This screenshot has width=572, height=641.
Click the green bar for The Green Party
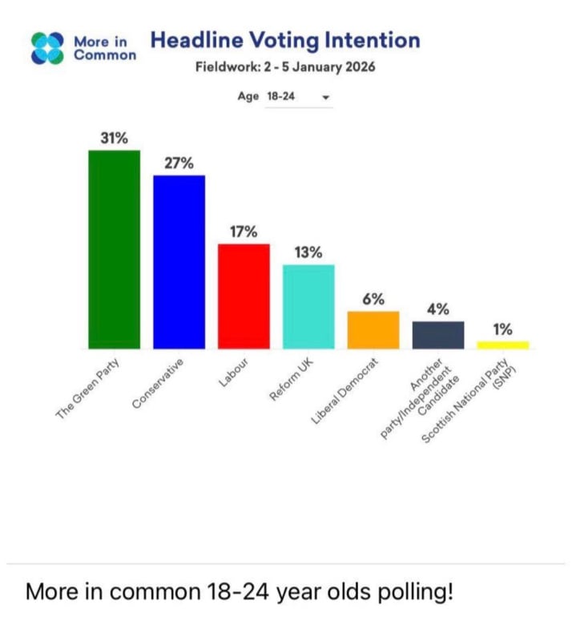pos(114,249)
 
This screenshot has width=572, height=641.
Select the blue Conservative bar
pos(179,262)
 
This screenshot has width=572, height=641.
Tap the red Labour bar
pos(244,296)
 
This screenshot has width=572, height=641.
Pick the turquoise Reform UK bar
pos(308,307)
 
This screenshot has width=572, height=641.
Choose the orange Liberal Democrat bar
pos(373,330)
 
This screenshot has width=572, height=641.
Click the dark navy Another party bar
pos(438,335)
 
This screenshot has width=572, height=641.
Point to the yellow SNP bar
pos(503,345)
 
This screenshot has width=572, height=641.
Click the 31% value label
pos(114,138)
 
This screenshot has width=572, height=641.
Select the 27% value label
pos(179,163)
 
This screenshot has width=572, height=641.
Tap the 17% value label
pos(244,232)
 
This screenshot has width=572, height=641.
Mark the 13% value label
pos(308,252)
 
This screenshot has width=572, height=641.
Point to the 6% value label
pos(373,299)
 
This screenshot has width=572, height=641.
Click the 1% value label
pos(503,329)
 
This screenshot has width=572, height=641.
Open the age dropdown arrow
pos(325,97)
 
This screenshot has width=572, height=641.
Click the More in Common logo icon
pos(46,47)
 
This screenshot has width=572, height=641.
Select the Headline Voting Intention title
pos(285,40)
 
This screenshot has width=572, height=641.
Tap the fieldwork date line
pos(285,67)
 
